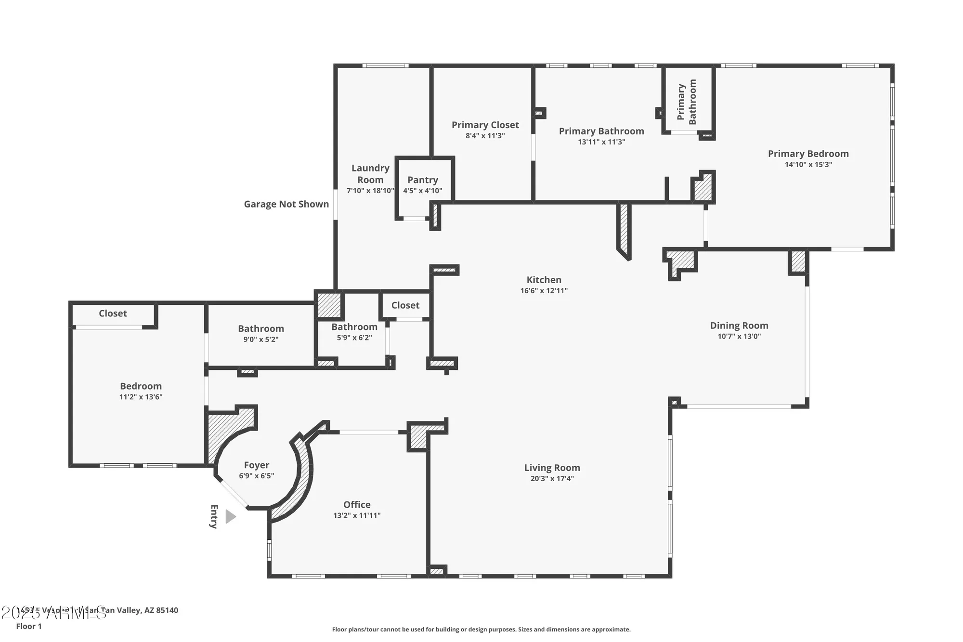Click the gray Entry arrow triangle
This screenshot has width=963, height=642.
tap(230, 517)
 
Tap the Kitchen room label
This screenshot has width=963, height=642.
tap(544, 280)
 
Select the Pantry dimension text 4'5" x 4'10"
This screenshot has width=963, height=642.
tap(422, 191)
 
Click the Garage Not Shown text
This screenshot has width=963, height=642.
tap(286, 204)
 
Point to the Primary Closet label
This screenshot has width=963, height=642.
tap(485, 125)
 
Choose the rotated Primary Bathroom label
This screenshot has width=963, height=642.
tap(687, 102)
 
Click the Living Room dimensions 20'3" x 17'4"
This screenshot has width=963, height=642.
tap(552, 479)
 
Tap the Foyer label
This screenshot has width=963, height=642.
tap(256, 465)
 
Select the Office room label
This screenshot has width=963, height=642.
tap(357, 505)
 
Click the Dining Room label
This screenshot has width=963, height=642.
tap(739, 326)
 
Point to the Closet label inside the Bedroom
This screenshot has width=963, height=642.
tap(113, 314)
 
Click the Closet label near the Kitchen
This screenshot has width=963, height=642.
tap(405, 305)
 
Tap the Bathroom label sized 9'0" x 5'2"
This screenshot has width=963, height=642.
tap(260, 329)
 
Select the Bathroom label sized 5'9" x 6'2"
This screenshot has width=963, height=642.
tap(354, 327)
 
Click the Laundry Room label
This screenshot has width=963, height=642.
tap(370, 174)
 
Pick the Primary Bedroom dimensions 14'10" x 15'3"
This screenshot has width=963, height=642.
tap(808, 165)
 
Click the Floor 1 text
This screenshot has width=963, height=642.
tap(29, 626)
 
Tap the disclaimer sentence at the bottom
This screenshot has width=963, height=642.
tap(481, 629)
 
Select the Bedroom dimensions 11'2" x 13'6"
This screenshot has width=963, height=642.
tap(141, 397)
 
